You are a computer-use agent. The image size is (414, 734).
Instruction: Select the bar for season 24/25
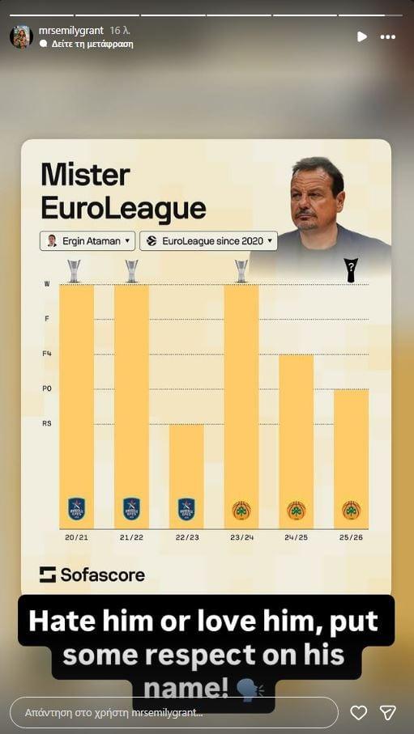tap(297, 441)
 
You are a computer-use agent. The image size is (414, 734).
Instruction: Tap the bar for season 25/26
tap(351, 458)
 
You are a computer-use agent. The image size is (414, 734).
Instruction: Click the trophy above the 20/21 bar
tap(75, 270)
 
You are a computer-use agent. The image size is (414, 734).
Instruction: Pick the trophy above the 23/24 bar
tap(241, 270)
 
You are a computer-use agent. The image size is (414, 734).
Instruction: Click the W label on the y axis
tap(46, 284)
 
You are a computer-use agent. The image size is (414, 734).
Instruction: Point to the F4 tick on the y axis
tap(46, 354)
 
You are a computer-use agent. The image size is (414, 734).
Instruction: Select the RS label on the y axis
tap(46, 423)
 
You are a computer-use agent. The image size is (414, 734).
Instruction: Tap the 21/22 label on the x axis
tap(131, 537)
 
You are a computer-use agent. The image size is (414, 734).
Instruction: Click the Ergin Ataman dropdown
tap(87, 241)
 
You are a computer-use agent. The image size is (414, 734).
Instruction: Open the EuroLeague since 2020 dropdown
tap(208, 241)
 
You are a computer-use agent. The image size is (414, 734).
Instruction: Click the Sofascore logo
tap(92, 575)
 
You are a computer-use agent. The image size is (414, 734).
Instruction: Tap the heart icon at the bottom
tap(358, 712)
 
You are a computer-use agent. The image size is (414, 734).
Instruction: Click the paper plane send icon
tap(388, 712)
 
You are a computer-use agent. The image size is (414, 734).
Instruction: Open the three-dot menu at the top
tap(388, 36)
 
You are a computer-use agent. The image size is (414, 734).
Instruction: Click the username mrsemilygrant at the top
tap(71, 30)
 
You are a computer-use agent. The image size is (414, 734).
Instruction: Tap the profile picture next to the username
tap(21, 36)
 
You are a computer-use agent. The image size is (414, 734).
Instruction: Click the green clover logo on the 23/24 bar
tap(241, 510)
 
